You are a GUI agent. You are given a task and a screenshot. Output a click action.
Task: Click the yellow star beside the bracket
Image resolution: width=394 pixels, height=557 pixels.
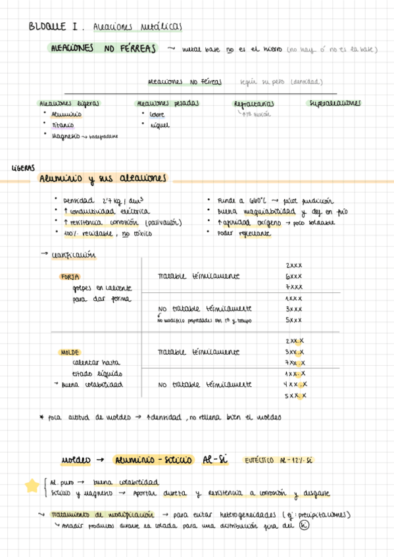(x=31, y=485)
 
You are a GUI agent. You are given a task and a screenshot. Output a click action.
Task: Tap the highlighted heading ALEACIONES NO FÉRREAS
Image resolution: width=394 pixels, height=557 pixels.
(x=105, y=49)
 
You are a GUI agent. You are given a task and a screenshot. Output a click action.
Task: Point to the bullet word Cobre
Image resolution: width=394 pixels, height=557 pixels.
(x=157, y=114)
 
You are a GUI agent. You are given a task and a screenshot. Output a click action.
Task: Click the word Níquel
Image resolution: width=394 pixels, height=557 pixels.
(x=159, y=125)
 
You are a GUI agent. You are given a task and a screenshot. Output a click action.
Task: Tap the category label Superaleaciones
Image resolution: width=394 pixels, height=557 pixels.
(x=335, y=103)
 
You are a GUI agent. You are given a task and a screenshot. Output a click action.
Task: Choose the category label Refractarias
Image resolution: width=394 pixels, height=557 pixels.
(x=253, y=104)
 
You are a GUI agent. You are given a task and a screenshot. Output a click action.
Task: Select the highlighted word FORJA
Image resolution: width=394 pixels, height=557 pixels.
(x=70, y=277)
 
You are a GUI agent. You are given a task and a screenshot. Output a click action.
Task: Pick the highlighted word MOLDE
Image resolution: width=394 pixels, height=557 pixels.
(x=70, y=352)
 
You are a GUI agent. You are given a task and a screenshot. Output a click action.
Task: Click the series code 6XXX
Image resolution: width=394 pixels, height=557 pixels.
(x=294, y=276)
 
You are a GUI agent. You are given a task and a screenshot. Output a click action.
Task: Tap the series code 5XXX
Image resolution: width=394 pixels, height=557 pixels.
(x=294, y=320)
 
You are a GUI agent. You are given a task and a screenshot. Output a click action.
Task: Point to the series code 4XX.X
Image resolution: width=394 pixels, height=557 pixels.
(x=295, y=384)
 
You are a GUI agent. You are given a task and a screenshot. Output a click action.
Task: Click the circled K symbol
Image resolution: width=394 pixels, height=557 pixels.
(x=303, y=524)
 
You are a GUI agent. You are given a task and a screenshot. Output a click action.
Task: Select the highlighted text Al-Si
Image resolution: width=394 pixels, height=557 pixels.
(x=215, y=460)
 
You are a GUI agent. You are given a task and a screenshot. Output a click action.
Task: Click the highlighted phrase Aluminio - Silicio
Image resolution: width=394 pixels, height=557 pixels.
(x=152, y=460)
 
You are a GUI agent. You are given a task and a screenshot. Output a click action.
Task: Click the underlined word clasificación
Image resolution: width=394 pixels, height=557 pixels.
(x=73, y=256)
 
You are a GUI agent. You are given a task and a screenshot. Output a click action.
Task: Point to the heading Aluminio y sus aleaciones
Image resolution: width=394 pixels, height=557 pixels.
(x=103, y=179)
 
